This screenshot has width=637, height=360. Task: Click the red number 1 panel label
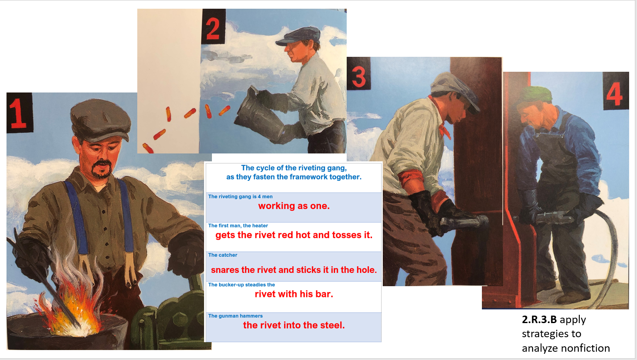[18, 113]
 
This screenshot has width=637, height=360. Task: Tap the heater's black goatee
[101, 169]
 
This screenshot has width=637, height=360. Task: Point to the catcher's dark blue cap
[299, 36]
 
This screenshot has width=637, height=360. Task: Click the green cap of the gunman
[535, 95]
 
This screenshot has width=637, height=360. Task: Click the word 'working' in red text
[277, 206]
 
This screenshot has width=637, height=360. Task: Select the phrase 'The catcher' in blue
[223, 255]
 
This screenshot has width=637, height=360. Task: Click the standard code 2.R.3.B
[539, 320]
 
